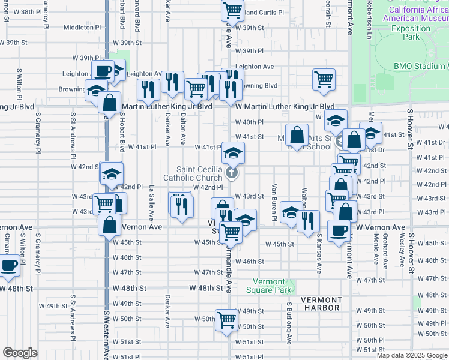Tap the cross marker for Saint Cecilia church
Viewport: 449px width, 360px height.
[x=232, y=174]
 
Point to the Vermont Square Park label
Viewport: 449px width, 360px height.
[x=265, y=286]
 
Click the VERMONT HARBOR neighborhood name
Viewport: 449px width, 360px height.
[x=321, y=304]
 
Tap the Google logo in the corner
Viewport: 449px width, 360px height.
[x=19, y=353]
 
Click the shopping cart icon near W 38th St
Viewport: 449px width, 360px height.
[x=232, y=10]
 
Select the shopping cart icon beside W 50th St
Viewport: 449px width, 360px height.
[x=227, y=319]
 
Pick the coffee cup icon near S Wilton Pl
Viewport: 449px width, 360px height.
[x=9, y=265]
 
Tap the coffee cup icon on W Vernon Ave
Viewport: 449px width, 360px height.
[x=338, y=230]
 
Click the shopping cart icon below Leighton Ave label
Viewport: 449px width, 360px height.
[x=324, y=79]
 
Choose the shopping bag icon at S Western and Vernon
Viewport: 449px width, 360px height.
[x=110, y=226]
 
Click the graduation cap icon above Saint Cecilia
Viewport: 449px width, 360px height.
[x=233, y=152]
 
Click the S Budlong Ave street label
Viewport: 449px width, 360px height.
[x=289, y=323]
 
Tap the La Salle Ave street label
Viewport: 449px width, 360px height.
[x=152, y=202]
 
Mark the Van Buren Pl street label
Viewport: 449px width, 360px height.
[x=274, y=202]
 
